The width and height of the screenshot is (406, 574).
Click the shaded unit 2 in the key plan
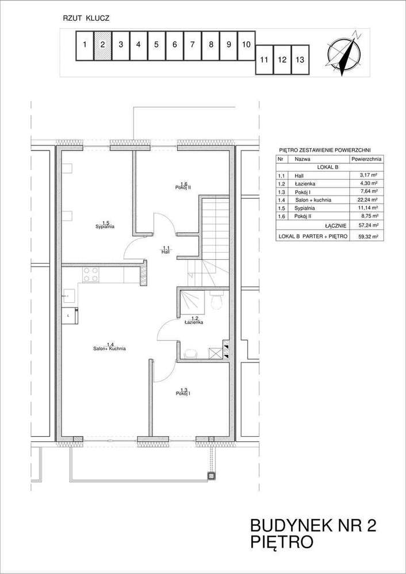(102, 47)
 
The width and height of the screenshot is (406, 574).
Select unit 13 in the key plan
(300, 60)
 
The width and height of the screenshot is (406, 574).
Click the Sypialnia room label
(105, 226)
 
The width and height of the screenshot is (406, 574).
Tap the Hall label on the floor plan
(166, 251)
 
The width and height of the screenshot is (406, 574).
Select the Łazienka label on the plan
(194, 322)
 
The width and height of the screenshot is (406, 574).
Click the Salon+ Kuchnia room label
(110, 348)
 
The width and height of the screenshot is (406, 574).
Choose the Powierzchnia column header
(366, 159)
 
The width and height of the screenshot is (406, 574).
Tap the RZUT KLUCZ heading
(86, 18)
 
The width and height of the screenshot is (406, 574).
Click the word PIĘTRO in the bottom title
(281, 541)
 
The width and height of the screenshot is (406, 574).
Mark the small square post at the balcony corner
(211, 475)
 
